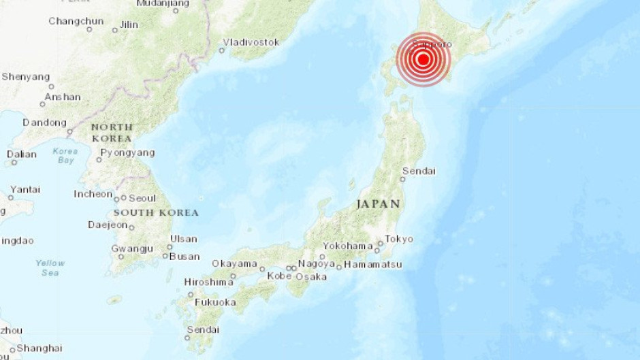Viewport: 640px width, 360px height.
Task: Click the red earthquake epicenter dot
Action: point(423,59)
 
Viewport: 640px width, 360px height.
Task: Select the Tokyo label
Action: point(398,239)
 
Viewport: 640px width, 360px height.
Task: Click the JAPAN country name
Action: point(378,204)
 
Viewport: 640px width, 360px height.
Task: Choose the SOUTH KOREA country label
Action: point(156,213)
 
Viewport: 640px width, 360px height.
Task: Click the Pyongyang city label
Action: point(127,153)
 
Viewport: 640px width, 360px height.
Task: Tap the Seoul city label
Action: point(142,198)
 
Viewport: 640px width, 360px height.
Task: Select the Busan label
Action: point(185,257)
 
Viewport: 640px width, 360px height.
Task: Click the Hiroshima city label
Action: point(208,282)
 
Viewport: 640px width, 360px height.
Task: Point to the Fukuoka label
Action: point(215,302)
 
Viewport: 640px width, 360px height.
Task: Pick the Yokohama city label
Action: point(347,246)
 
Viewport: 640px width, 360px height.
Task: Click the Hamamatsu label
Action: point(373,264)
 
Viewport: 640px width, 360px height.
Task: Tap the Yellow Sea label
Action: point(50,267)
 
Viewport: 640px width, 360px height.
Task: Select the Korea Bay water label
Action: point(65,155)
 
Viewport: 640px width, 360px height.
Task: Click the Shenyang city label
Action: point(26,77)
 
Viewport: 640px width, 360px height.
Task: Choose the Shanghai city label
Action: point(39,348)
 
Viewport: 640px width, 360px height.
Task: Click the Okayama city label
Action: point(234,264)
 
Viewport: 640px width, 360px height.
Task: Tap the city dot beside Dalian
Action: point(14,163)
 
